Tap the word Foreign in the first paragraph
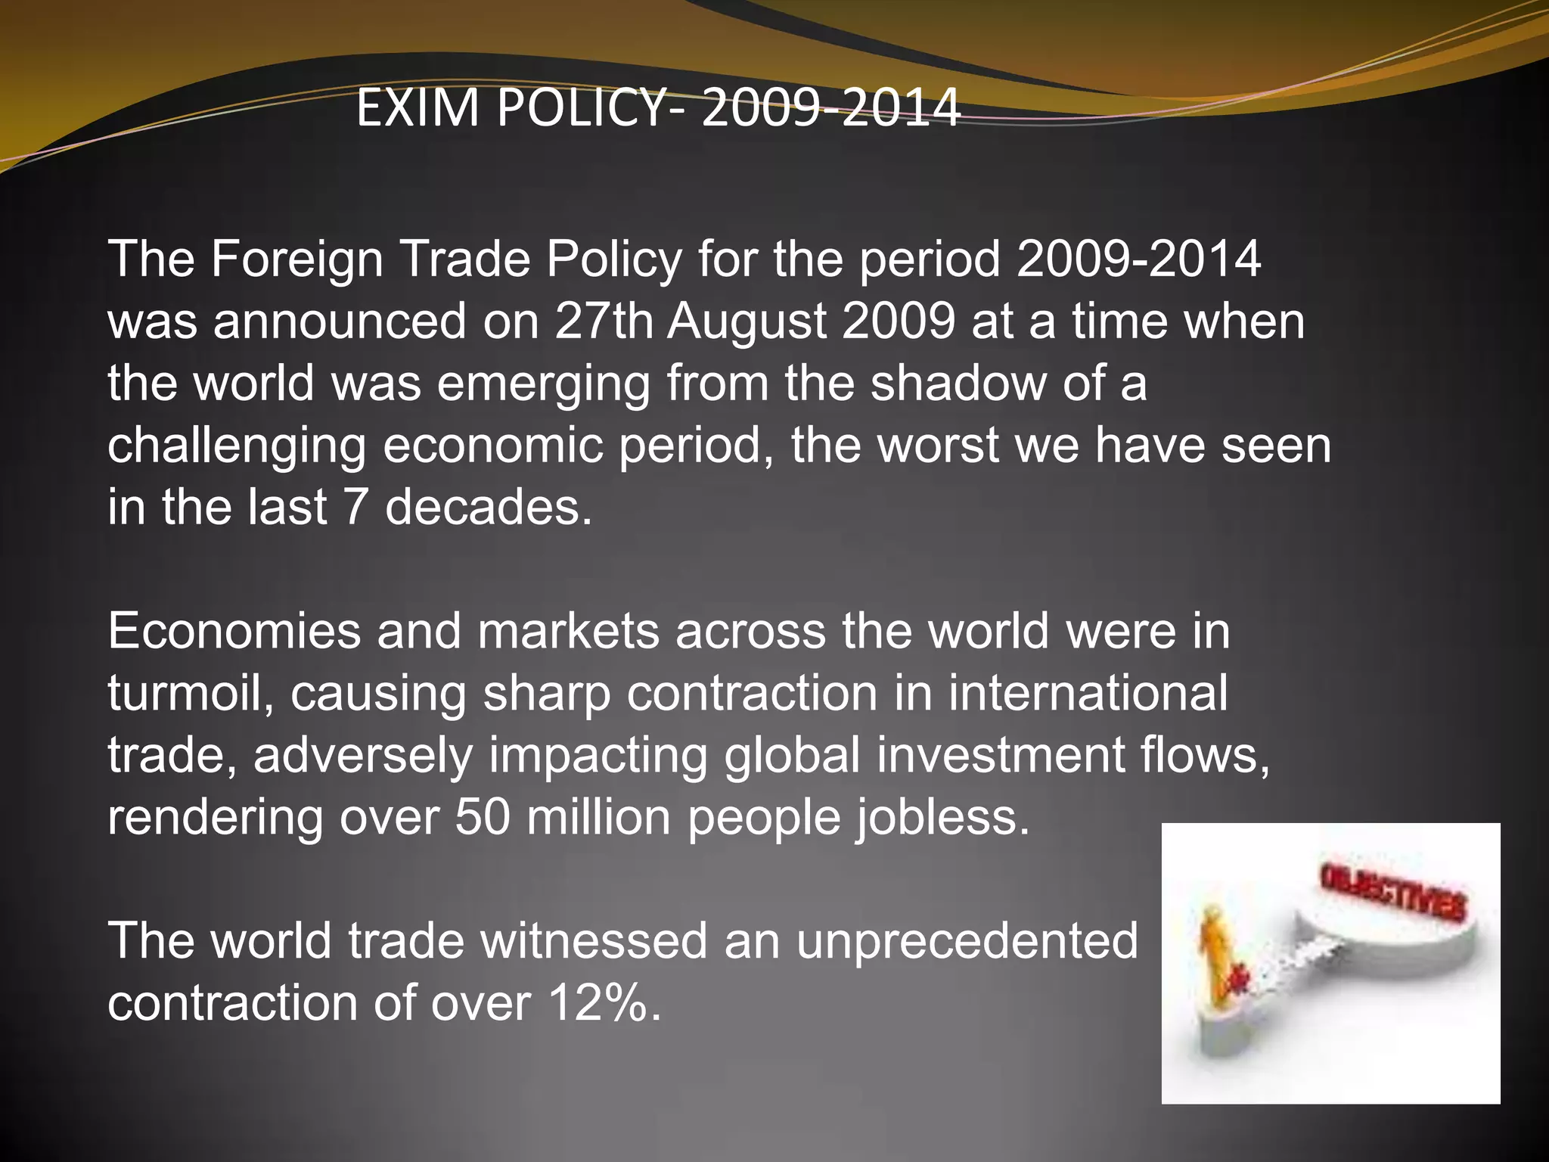296,259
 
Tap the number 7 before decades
355,507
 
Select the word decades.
488,507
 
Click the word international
1088,693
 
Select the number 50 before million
483,817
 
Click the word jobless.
942,819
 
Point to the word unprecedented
967,941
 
